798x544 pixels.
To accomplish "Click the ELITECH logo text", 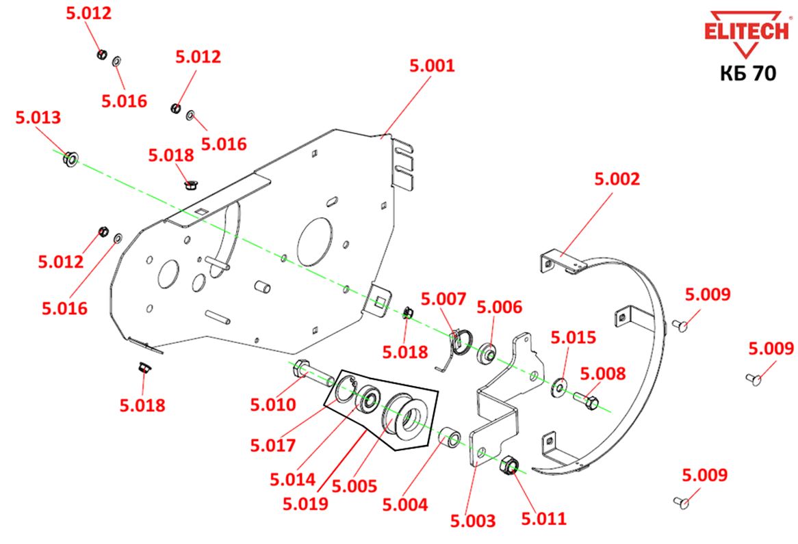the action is (x=747, y=31).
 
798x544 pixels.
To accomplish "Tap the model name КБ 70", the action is (x=747, y=73).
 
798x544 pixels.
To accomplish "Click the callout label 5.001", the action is (x=432, y=66).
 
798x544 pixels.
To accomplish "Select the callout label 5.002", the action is (x=617, y=179).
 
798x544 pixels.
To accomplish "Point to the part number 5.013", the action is (x=38, y=118).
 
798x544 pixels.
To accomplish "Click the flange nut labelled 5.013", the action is (x=70, y=159).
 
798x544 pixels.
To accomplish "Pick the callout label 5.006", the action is (x=499, y=307).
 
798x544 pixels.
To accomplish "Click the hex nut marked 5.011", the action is (x=509, y=465).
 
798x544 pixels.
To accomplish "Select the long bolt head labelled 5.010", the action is (x=300, y=368).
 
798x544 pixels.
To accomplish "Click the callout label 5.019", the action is (x=305, y=504).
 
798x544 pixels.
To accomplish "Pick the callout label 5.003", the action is (x=473, y=521).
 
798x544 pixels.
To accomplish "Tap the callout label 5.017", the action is (x=273, y=446).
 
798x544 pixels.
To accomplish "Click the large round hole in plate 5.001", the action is (x=315, y=242).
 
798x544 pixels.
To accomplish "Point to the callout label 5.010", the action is (x=273, y=405).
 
